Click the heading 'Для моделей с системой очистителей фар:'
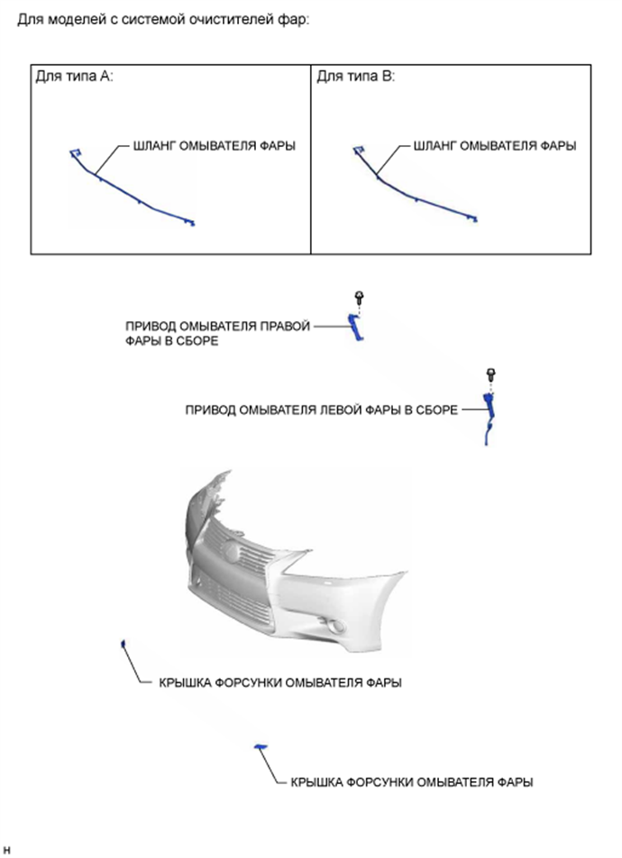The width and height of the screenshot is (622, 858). tap(163, 21)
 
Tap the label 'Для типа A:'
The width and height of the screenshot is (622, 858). tap(74, 77)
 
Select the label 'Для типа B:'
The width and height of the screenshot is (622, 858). tap(356, 77)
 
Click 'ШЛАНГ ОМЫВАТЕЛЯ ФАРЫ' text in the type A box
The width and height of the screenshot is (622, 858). tap(215, 146)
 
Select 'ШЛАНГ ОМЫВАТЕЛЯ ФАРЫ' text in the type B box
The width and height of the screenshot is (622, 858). tap(495, 146)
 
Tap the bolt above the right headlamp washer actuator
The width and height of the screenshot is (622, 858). tap(360, 299)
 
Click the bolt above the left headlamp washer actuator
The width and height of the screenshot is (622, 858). tap(490, 376)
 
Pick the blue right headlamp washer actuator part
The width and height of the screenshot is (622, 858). tap(355, 328)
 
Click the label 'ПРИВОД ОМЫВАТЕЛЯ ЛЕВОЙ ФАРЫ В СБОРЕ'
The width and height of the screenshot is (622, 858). tap(322, 411)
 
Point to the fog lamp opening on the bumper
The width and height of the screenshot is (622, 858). tap(333, 625)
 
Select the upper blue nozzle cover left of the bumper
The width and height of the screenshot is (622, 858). tap(123, 643)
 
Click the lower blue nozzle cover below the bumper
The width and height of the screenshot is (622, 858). tap(261, 747)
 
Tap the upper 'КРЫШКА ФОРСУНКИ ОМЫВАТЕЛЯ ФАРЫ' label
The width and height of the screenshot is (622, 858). tap(280, 683)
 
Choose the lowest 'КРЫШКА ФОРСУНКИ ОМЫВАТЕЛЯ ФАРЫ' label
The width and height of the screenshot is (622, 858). tap(412, 782)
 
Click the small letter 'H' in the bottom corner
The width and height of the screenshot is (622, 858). tap(6, 851)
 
